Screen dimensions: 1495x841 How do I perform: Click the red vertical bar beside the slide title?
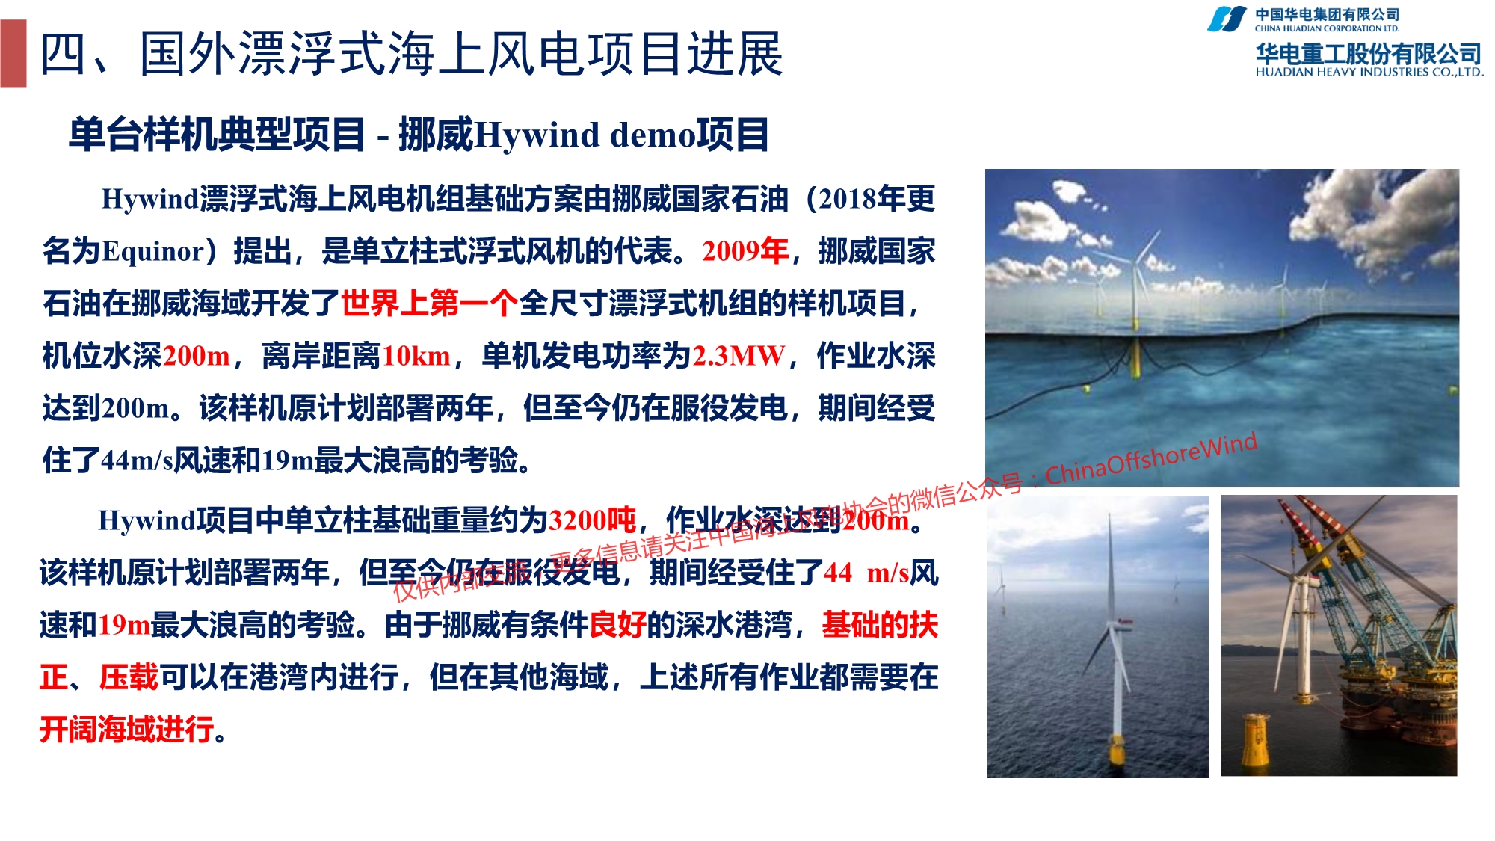coord(13,54)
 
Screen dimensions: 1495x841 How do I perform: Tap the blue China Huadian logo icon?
coord(1227,19)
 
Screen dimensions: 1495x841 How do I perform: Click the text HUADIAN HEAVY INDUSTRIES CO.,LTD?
coord(1369,73)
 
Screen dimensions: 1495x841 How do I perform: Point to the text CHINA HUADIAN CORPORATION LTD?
coord(1328,28)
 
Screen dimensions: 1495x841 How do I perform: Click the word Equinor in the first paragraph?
coord(153,252)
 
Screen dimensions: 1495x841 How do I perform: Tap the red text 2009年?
coord(745,251)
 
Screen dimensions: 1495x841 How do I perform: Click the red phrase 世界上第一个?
coord(430,304)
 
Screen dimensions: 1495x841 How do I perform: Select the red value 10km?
coord(416,356)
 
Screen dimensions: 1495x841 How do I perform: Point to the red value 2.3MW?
coord(739,356)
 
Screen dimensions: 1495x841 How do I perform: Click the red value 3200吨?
coord(592,520)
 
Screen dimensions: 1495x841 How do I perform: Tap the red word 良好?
coord(618,624)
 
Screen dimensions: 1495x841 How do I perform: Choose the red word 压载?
coord(129,677)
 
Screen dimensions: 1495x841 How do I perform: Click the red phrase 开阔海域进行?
coord(127,729)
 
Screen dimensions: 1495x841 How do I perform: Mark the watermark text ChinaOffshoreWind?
coord(1151,458)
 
